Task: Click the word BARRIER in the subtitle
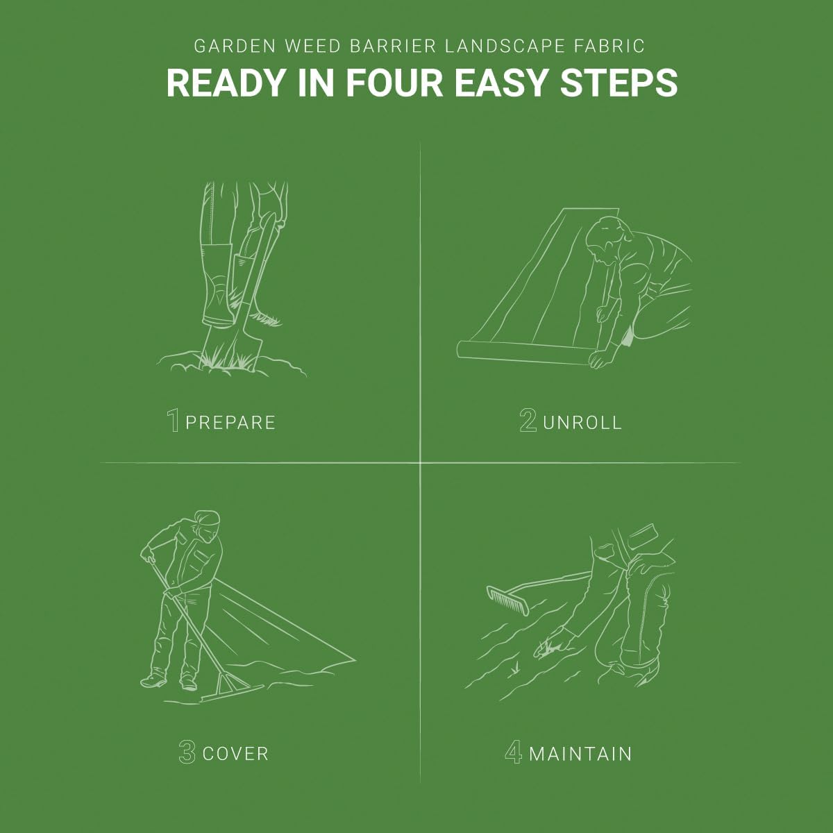[x=394, y=47]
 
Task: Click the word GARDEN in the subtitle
[x=235, y=47]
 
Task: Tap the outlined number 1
[x=174, y=420]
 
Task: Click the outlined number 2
[x=528, y=420]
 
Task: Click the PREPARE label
[x=230, y=423]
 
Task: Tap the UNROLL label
[x=582, y=423]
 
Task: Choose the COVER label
[x=235, y=755]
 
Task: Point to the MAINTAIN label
[x=580, y=755]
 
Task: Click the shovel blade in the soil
[x=231, y=346]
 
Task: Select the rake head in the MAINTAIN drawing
[x=507, y=600]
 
